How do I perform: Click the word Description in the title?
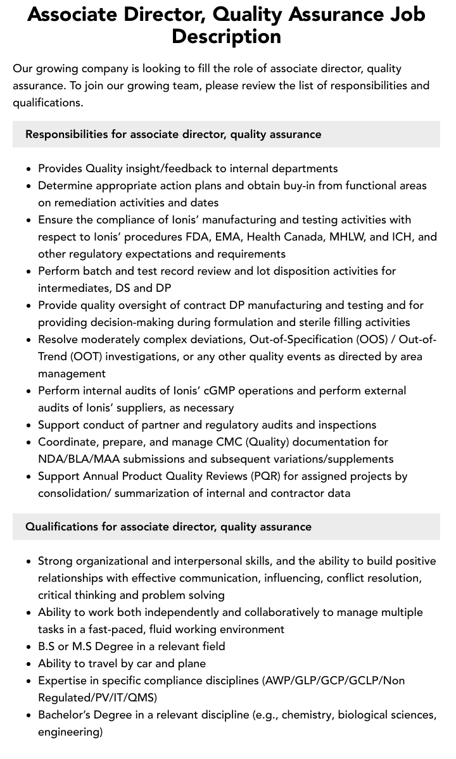pyautogui.click(x=226, y=36)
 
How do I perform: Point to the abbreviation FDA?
pyautogui.click(x=198, y=237)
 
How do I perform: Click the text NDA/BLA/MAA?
pyautogui.click(x=73, y=459)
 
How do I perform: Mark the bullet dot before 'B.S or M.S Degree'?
pyautogui.click(x=29, y=647)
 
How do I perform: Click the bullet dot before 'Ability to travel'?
pyautogui.click(x=29, y=664)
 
